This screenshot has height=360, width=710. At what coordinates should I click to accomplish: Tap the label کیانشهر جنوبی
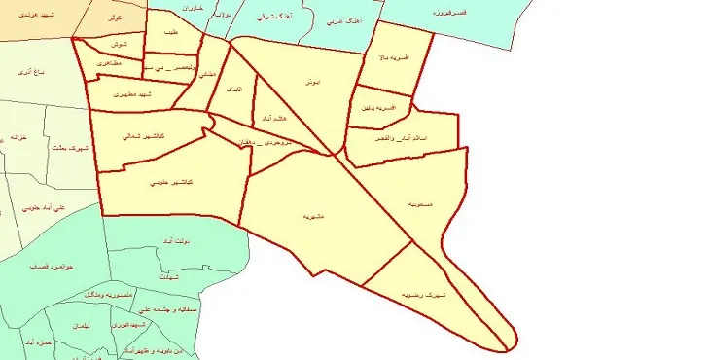(x=172, y=183)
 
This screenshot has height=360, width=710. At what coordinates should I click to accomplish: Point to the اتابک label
(x=234, y=88)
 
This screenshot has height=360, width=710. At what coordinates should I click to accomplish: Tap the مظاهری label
(x=108, y=62)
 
